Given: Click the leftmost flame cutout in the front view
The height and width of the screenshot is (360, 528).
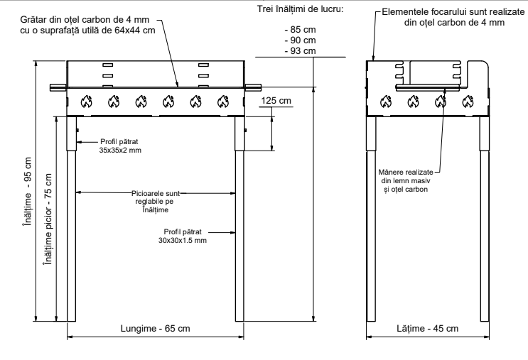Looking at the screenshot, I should (85, 101).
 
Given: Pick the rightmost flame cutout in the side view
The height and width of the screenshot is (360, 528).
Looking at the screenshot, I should (468, 101).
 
